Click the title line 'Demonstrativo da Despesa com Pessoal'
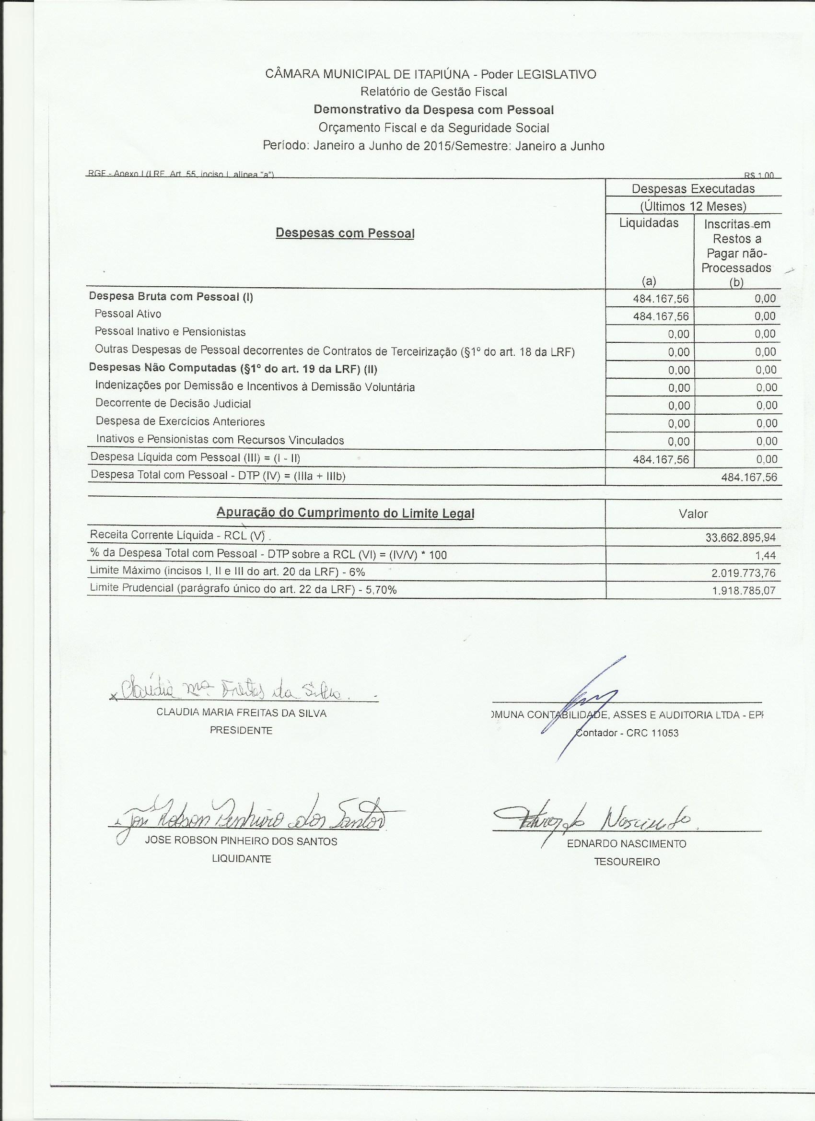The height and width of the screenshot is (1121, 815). coord(433,109)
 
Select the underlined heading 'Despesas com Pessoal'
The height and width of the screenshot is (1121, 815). coord(345,233)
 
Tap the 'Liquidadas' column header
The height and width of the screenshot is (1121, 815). coord(649,223)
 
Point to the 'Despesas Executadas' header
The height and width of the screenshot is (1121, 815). coord(693,188)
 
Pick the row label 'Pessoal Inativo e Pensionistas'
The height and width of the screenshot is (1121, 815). coord(170,332)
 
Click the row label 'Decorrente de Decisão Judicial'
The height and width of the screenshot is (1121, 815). coord(173,404)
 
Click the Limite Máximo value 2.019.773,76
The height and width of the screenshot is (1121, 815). coord(744,573)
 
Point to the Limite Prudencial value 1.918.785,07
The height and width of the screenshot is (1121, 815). coord(744,591)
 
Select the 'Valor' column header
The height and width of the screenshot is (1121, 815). coord(693,514)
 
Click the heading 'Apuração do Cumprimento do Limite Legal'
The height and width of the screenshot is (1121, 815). coord(345,513)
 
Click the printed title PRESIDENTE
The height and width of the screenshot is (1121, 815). coord(241,731)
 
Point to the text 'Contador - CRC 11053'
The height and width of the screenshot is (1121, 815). coord(627,733)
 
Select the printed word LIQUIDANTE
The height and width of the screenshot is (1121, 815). coord(241,859)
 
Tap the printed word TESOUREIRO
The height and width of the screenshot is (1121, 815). coord(627,862)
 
